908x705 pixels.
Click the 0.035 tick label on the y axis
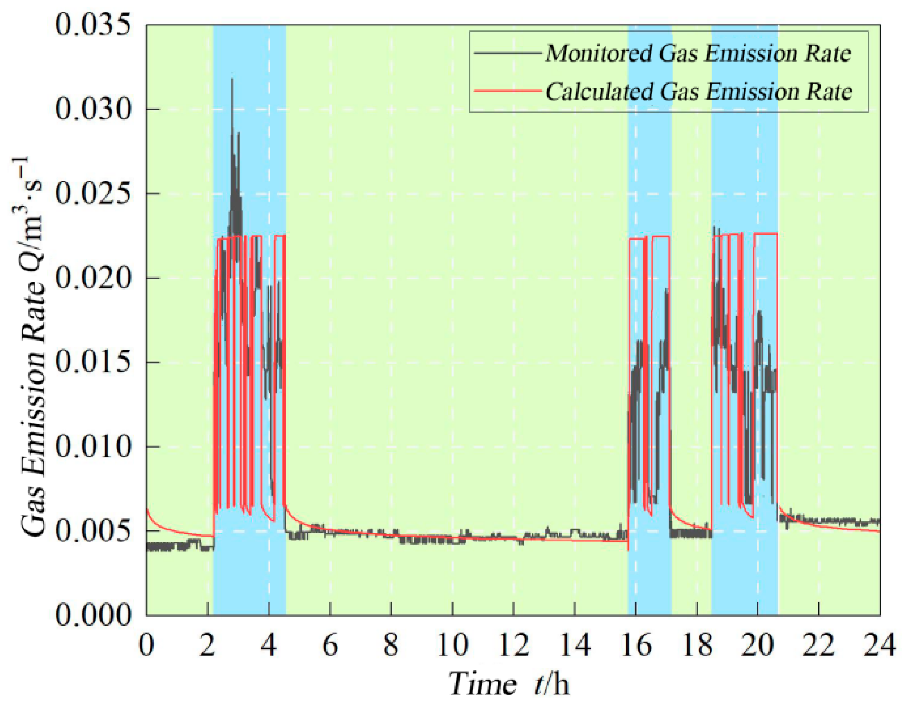93,25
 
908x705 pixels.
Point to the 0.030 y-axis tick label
93,109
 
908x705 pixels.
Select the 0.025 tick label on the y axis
93,194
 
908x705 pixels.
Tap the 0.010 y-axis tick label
93,446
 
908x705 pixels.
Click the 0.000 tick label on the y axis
93,615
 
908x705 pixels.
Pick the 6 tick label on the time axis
330,645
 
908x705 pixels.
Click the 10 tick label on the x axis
452,645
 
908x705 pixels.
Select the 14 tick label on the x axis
574,645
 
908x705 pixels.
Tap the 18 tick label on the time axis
697,645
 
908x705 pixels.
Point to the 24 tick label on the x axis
879,645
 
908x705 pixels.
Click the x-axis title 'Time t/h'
509,684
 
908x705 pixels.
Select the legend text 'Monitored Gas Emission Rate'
698,53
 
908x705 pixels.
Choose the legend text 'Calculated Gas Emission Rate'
698,91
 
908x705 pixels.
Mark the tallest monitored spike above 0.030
233,80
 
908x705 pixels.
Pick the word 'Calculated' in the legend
599,91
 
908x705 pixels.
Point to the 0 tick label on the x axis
146,645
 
